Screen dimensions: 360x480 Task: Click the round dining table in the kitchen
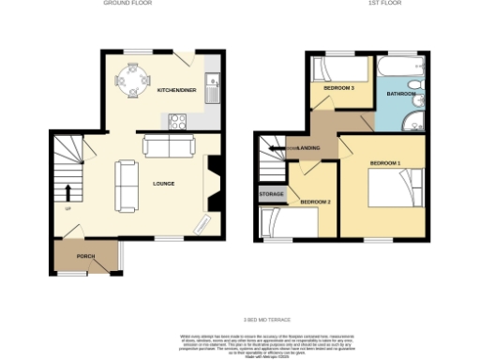pyautogui.click(x=130, y=80)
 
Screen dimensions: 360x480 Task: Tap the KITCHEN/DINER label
pyautogui.click(x=176, y=91)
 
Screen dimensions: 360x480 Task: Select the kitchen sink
pyautogui.click(x=215, y=87)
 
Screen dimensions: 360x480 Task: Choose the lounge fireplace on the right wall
pyautogui.click(x=212, y=183)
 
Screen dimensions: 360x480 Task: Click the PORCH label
pyautogui.click(x=85, y=256)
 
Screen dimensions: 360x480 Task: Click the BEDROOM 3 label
pyautogui.click(x=338, y=87)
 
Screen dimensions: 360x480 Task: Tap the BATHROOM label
pyautogui.click(x=400, y=93)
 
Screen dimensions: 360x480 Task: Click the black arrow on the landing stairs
pyautogui.click(x=275, y=147)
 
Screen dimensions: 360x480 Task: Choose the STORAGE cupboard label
pyautogui.click(x=272, y=194)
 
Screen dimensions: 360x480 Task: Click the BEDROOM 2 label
pyautogui.click(x=316, y=202)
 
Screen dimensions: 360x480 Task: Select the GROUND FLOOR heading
pyautogui.click(x=128, y=4)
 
